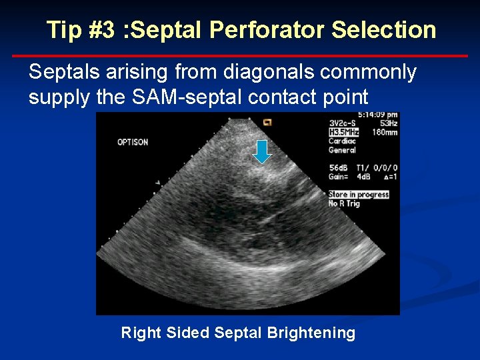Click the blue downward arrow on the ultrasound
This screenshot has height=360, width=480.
(263, 151)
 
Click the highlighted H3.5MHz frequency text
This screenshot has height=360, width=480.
(343, 132)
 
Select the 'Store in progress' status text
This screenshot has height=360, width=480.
(359, 195)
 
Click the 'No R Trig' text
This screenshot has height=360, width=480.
(344, 203)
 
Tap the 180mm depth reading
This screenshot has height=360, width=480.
(385, 132)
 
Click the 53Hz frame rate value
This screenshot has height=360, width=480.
(388, 123)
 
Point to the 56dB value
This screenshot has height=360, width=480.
(339, 168)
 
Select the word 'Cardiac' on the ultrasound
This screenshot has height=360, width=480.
(342, 141)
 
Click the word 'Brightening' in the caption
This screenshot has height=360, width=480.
(311, 333)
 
